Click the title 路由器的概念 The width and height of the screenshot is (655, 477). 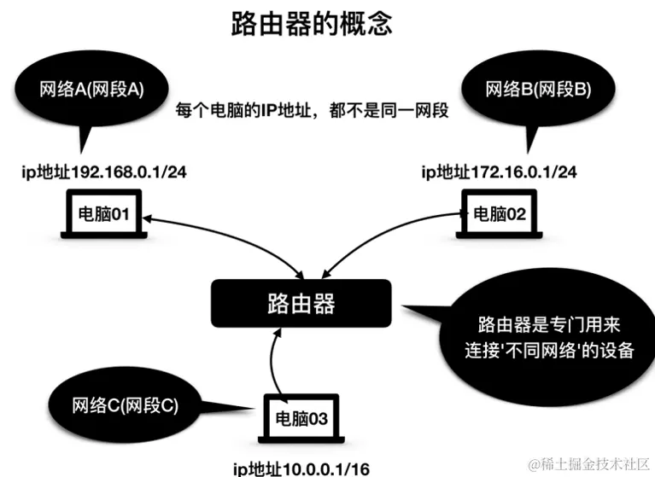pos(312,24)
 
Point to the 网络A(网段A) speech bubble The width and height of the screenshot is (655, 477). pos(91,89)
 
